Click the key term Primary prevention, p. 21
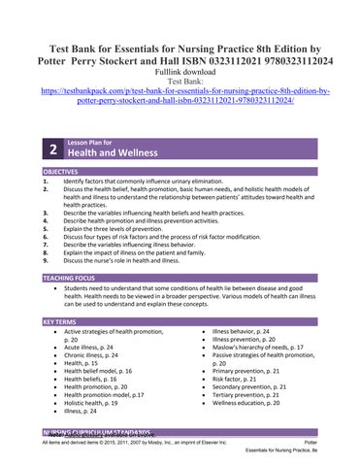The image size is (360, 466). click(246, 372)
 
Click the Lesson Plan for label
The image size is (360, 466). click(87, 143)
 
